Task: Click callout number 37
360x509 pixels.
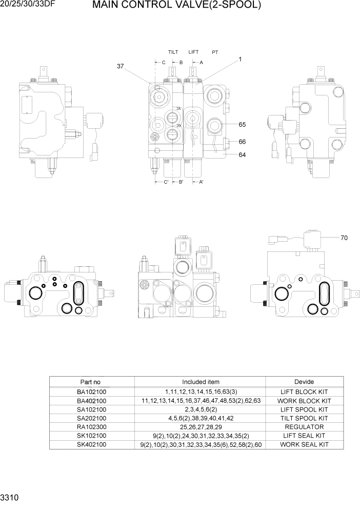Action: [x=121, y=66]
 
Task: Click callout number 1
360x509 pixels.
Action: [x=239, y=60]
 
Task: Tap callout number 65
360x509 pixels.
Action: [x=242, y=125]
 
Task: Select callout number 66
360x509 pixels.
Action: [x=242, y=142]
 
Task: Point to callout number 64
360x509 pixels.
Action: [x=242, y=154]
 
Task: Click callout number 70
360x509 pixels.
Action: [x=344, y=238]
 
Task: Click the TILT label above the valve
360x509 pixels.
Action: [x=174, y=52]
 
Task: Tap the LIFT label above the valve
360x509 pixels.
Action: [x=193, y=52]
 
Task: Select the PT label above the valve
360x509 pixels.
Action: [x=215, y=52]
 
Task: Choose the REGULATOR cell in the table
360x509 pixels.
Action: [x=304, y=427]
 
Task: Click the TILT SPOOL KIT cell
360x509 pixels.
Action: [x=304, y=418]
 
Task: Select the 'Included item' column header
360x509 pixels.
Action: [x=201, y=382]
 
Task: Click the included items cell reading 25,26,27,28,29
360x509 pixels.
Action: [x=201, y=427]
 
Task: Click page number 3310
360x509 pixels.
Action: [x=11, y=498]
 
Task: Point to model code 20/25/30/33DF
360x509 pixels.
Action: [x=26, y=5]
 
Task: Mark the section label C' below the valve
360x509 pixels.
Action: [x=165, y=182]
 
